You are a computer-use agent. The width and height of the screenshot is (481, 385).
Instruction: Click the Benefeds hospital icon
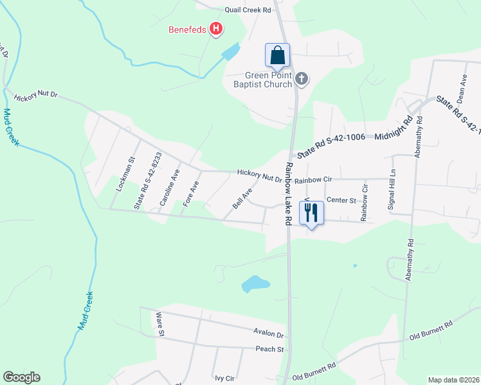tap(217, 29)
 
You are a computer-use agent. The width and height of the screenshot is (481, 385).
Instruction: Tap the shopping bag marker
tap(277, 55)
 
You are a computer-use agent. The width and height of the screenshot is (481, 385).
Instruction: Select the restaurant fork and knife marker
tap(311, 212)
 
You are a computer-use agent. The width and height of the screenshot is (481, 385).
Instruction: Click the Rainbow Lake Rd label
tap(289, 193)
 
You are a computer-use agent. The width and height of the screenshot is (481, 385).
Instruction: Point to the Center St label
tap(341, 200)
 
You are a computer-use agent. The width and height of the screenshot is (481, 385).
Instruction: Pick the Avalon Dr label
tap(269, 334)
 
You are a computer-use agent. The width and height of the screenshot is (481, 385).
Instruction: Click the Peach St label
tap(269, 349)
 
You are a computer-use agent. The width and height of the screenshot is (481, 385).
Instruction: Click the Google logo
tap(21, 377)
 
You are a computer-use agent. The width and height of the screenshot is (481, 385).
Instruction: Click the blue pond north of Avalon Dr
tap(255, 283)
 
